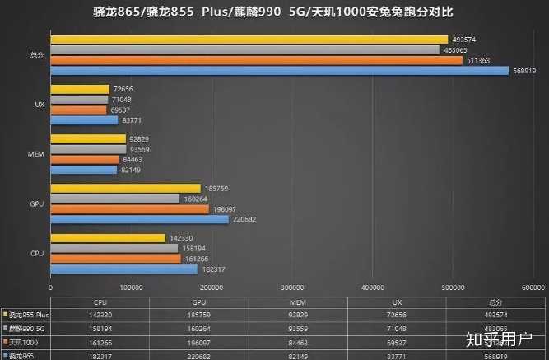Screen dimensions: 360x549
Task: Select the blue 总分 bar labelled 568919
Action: tap(280, 71)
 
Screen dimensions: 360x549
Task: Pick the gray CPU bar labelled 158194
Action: tap(114, 248)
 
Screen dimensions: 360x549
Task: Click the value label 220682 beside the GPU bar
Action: tap(245, 219)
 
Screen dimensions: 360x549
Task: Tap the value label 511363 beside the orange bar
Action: tap(480, 60)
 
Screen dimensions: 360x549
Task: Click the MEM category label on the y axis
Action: tap(36, 154)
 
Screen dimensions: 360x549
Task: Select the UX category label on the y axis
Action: tap(39, 105)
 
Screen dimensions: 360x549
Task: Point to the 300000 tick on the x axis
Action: tap(293, 288)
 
